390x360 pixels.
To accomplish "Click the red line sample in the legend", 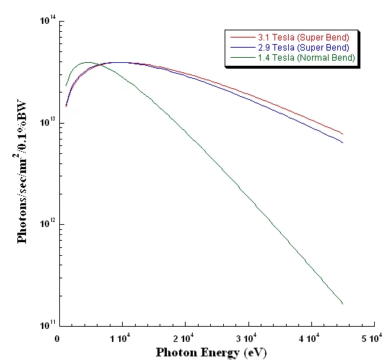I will tap(238, 37).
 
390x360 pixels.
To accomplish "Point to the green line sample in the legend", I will tap(238, 57).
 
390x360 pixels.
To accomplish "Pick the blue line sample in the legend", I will tap(238, 47).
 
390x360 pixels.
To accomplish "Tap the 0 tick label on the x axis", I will tap(58, 338).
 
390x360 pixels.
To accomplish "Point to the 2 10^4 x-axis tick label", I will tap(183, 338).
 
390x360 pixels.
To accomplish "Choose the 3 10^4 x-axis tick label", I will tap(247, 338).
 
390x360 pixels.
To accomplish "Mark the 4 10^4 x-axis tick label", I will tap(311, 338).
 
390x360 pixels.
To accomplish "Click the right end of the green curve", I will tap(342, 304).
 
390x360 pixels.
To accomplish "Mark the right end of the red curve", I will tap(342, 134).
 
